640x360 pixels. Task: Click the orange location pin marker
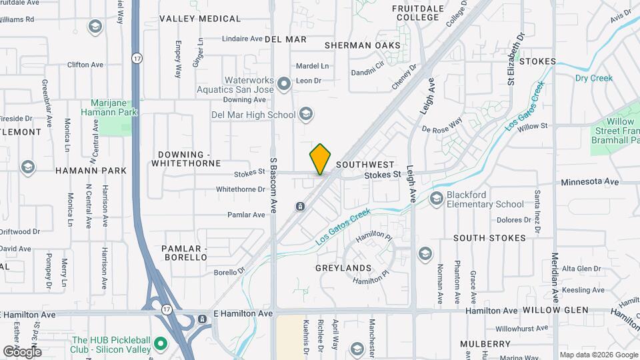click(320, 159)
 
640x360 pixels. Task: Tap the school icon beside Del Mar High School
click(305, 115)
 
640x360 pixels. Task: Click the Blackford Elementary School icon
click(437, 198)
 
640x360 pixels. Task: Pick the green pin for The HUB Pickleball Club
click(160, 345)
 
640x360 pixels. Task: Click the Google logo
click(21, 352)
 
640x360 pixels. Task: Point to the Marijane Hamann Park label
click(114, 107)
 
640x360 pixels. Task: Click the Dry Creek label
click(593, 78)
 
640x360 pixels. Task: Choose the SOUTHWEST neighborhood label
click(365, 164)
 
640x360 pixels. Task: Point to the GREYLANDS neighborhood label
click(343, 268)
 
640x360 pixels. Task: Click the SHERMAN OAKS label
click(363, 45)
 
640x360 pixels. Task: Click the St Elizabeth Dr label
click(513, 58)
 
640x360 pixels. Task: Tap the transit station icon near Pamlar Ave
click(301, 206)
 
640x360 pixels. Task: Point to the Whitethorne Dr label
click(241, 189)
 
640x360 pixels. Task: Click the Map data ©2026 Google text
click(598, 355)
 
